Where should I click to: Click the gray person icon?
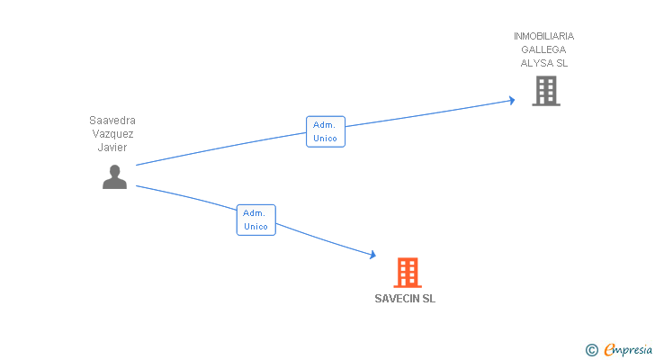pyautogui.click(x=114, y=177)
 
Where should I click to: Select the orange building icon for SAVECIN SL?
pyautogui.click(x=408, y=272)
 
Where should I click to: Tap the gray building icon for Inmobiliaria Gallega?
pyautogui.click(x=545, y=91)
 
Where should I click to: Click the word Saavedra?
pyautogui.click(x=112, y=120)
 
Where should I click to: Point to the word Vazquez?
pyautogui.click(x=112, y=133)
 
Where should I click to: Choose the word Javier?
pyautogui.click(x=112, y=147)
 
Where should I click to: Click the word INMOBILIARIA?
pyautogui.click(x=543, y=36)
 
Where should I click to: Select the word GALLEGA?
pyautogui.click(x=543, y=49)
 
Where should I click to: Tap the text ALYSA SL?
pyautogui.click(x=543, y=63)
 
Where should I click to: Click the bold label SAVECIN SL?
pyautogui.click(x=405, y=299)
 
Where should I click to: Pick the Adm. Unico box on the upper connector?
pyautogui.click(x=326, y=131)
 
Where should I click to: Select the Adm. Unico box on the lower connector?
pyautogui.click(x=256, y=220)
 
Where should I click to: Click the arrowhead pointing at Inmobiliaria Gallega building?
pyautogui.click(x=511, y=100)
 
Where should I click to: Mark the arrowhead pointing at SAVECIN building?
pyautogui.click(x=372, y=256)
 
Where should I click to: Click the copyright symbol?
pyautogui.click(x=591, y=350)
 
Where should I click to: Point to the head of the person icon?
pyautogui.click(x=114, y=170)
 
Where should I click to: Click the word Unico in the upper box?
pyautogui.click(x=326, y=139)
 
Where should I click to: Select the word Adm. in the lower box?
pyautogui.click(x=256, y=213)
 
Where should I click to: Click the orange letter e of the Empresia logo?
pyautogui.click(x=609, y=350)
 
